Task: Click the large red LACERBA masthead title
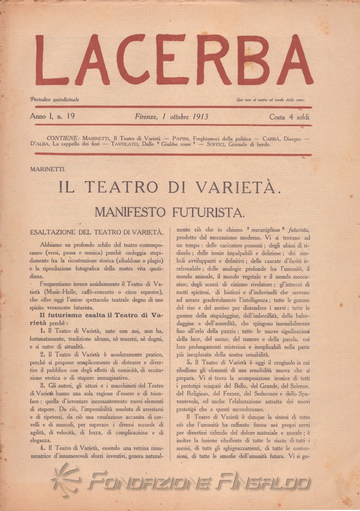174,61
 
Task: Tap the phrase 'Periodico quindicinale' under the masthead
54,99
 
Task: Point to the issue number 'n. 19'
66,117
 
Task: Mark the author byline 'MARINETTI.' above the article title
48,169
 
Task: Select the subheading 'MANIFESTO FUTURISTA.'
170,212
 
